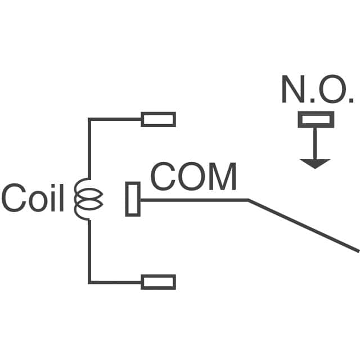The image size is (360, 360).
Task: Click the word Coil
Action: click(33, 198)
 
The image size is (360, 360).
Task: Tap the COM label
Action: click(193, 177)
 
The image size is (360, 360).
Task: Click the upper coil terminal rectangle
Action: click(158, 119)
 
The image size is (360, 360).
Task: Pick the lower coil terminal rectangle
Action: click(158, 282)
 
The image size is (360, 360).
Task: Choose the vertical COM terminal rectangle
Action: click(132, 199)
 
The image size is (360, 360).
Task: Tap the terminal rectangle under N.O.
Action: click(316, 119)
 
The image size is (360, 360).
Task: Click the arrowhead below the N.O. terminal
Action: click(315, 163)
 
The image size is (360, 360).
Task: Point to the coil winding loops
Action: click(88, 199)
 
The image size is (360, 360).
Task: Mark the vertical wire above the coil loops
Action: click(89, 149)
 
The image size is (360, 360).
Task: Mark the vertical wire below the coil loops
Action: click(89, 250)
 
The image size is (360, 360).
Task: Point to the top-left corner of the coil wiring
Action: click(89, 119)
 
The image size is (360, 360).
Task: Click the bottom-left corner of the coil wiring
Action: click(89, 282)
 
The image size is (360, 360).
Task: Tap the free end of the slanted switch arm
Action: click(357, 250)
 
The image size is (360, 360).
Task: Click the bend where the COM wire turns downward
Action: click(248, 200)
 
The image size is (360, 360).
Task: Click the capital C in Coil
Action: click(12, 198)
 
